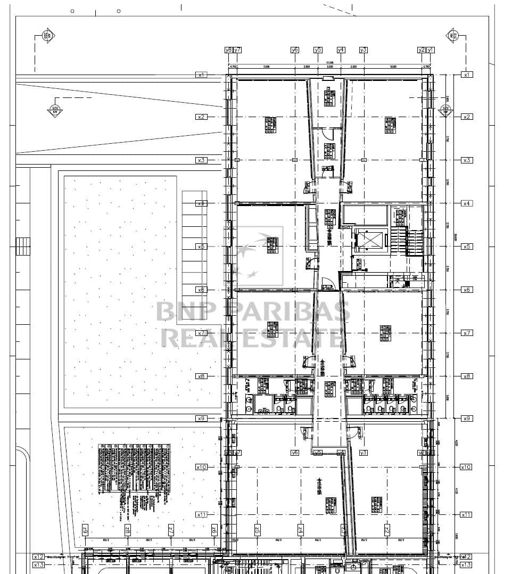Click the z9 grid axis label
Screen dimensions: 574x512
[85, 530]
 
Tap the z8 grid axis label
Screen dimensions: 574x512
[128, 530]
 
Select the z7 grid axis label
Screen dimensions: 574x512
[171, 530]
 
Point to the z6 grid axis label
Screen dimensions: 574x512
[214, 530]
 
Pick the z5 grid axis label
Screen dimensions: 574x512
[257, 530]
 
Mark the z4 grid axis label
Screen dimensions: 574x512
[300, 530]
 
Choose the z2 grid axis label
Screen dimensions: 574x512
[387, 530]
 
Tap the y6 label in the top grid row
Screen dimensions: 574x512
[295, 50]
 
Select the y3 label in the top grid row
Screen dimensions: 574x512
[364, 50]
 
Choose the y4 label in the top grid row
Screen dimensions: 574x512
[341, 50]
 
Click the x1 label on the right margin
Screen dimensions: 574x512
[467, 75]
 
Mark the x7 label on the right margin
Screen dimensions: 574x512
[467, 333]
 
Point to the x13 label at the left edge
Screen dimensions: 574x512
[39, 565]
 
